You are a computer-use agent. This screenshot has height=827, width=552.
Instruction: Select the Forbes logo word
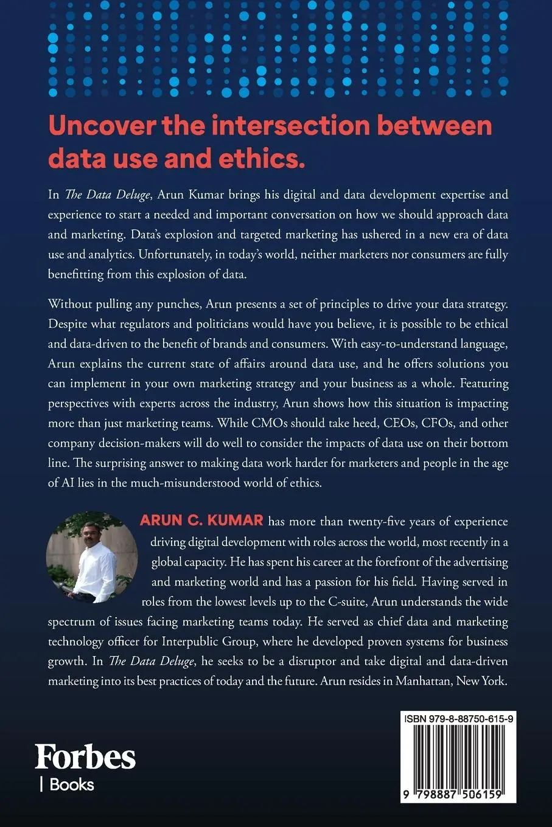(85, 758)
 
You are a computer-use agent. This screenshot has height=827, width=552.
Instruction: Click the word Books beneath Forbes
(72, 784)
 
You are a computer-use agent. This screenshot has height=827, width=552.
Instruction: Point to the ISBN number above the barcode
(458, 719)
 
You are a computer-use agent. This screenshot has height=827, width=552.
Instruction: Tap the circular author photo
(92, 557)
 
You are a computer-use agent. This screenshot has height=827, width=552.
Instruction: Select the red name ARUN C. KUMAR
(201, 521)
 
